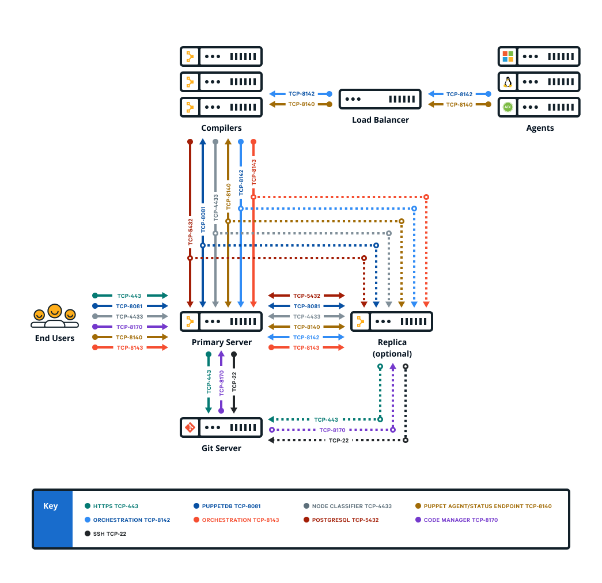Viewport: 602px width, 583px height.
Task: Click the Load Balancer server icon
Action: pyautogui.click(x=380, y=99)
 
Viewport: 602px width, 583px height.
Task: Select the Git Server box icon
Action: pyautogui.click(x=221, y=427)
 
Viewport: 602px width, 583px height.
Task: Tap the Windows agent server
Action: pyautogui.click(x=539, y=56)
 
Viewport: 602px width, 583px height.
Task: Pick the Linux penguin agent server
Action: pyautogui.click(x=539, y=82)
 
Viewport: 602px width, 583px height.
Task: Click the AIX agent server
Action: pyautogui.click(x=539, y=107)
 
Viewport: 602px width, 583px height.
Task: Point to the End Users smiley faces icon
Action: pyautogui.click(x=54, y=316)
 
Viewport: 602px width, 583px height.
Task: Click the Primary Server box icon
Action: pyautogui.click(x=221, y=321)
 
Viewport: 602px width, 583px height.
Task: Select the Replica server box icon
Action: pyautogui.click(x=392, y=321)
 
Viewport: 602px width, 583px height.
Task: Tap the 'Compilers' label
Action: pyautogui.click(x=221, y=128)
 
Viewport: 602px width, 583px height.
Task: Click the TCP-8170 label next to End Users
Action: pyautogui.click(x=129, y=327)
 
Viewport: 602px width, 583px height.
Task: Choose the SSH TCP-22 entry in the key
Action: pyautogui.click(x=109, y=534)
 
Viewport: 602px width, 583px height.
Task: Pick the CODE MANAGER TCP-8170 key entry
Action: pyautogui.click(x=460, y=520)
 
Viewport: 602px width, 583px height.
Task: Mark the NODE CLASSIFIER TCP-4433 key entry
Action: pyautogui.click(x=351, y=506)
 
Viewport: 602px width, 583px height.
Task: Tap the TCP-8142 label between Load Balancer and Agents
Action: pyautogui.click(x=459, y=94)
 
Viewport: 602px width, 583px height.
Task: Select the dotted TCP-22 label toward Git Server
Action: pyautogui.click(x=339, y=440)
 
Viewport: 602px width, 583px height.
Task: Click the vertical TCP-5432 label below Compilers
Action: pyautogui.click(x=190, y=232)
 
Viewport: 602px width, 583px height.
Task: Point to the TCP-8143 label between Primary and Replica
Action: pyautogui.click(x=306, y=347)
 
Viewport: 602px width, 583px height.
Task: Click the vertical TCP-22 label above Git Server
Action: pyautogui.click(x=234, y=382)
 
